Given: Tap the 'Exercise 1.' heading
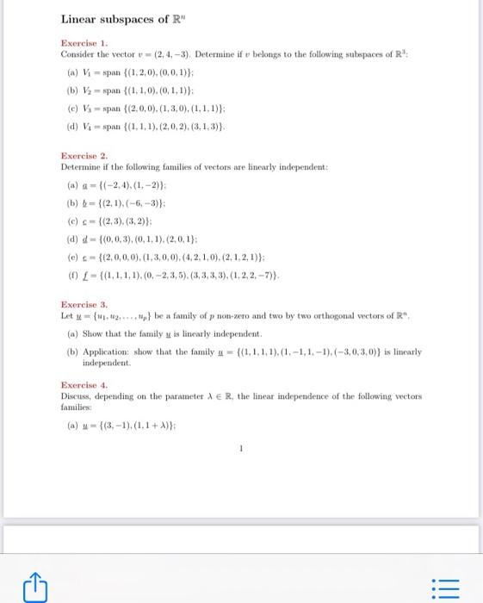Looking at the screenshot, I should coord(84,42).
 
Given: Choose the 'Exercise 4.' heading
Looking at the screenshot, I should coord(84,385).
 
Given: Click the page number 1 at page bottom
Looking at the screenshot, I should coord(242,447).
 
